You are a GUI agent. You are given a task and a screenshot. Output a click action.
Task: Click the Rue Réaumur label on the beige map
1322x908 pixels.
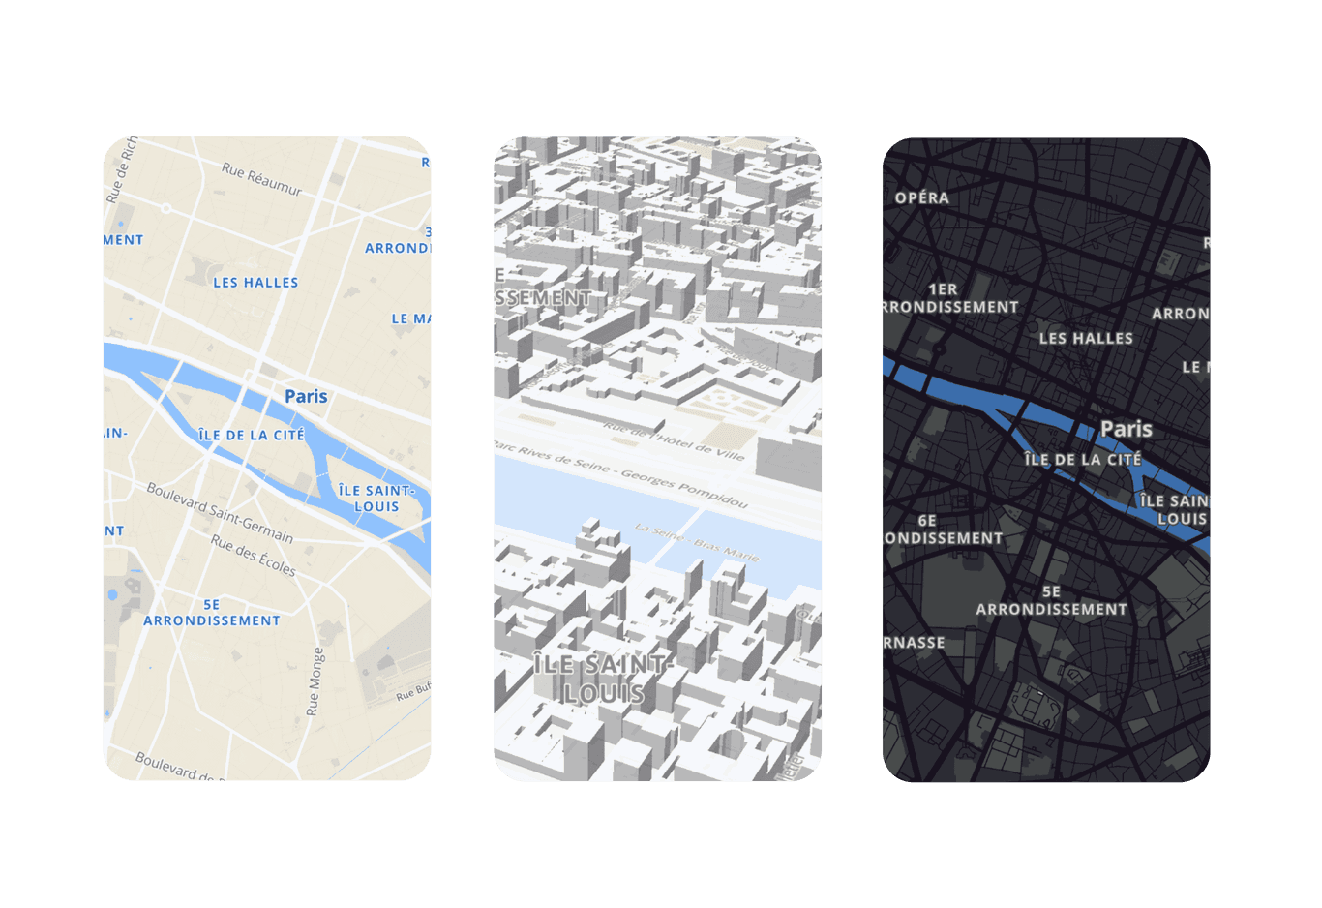click(x=261, y=179)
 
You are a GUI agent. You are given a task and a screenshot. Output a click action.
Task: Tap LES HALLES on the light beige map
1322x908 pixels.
click(x=255, y=283)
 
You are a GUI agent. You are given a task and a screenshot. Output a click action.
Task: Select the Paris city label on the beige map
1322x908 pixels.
click(x=306, y=396)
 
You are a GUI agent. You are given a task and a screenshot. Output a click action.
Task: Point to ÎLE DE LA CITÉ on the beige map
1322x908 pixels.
click(x=252, y=436)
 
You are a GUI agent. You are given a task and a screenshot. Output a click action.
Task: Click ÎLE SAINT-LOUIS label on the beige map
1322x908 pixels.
click(x=376, y=499)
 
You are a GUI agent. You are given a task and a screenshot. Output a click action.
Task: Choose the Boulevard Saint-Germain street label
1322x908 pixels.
click(x=220, y=512)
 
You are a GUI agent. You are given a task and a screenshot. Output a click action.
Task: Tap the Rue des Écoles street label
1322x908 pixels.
click(x=254, y=556)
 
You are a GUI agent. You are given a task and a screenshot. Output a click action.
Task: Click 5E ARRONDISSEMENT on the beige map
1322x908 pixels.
click(x=212, y=613)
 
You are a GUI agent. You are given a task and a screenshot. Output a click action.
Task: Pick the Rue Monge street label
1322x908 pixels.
click(x=315, y=681)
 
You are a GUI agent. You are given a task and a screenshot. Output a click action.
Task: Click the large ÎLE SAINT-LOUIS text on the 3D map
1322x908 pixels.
click(x=601, y=679)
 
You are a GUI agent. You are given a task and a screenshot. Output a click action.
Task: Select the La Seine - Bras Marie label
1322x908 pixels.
click(x=697, y=541)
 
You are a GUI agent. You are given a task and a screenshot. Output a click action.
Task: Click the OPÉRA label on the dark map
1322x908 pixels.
click(x=921, y=197)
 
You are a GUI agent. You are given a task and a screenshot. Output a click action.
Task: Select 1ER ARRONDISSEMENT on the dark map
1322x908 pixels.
click(x=948, y=298)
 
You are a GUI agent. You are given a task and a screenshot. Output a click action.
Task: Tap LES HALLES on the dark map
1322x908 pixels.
click(x=1086, y=338)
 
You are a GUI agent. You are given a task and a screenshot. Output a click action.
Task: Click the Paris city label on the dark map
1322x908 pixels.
click(x=1127, y=429)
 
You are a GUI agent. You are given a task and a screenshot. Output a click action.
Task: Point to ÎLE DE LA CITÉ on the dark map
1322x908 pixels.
click(x=1083, y=459)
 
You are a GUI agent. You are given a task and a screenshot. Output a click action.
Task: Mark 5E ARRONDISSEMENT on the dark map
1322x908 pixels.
click(x=1051, y=600)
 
